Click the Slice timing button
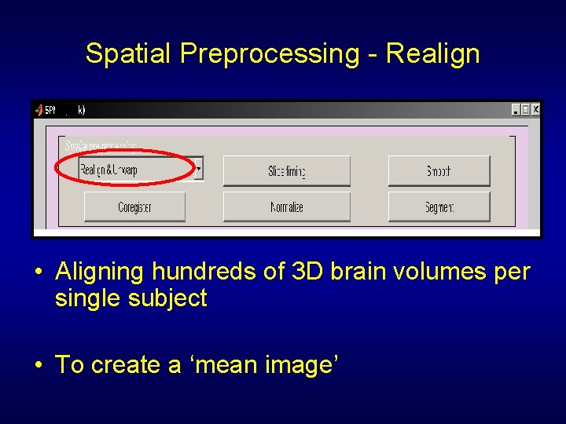[286, 171]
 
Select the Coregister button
[134, 207]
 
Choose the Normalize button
[286, 207]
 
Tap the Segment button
[439, 207]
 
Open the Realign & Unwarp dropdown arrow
[199, 168]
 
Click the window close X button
[535, 110]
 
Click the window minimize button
[516, 110]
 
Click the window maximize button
[526, 110]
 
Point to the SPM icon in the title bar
[39, 110]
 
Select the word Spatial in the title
[129, 54]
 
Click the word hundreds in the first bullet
[197, 272]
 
